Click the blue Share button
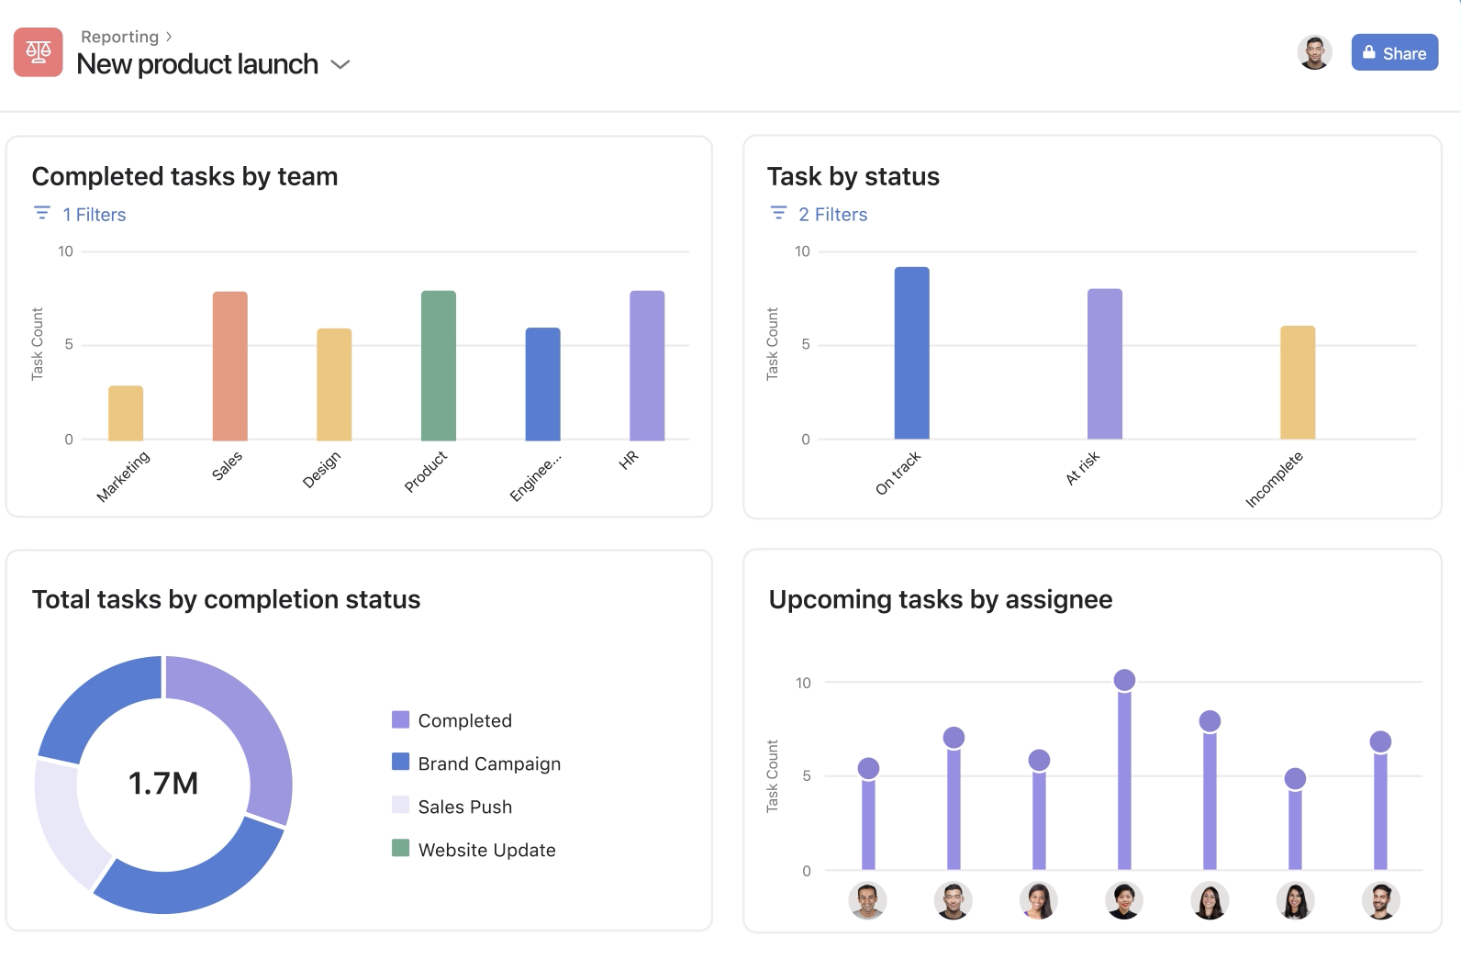1394,53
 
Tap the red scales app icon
39,52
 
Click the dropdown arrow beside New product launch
340,64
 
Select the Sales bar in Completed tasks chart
230,366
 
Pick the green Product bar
439,366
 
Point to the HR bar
647,366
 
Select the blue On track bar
911,353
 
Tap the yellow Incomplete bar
1298,383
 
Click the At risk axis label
1083,468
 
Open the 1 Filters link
94,215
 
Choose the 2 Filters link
832,215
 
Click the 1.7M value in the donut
163,784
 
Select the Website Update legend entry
486,850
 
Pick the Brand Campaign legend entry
489,763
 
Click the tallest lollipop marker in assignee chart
1124,680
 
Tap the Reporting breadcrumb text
120,37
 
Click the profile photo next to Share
1314,52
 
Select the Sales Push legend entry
464,807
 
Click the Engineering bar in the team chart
542,384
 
